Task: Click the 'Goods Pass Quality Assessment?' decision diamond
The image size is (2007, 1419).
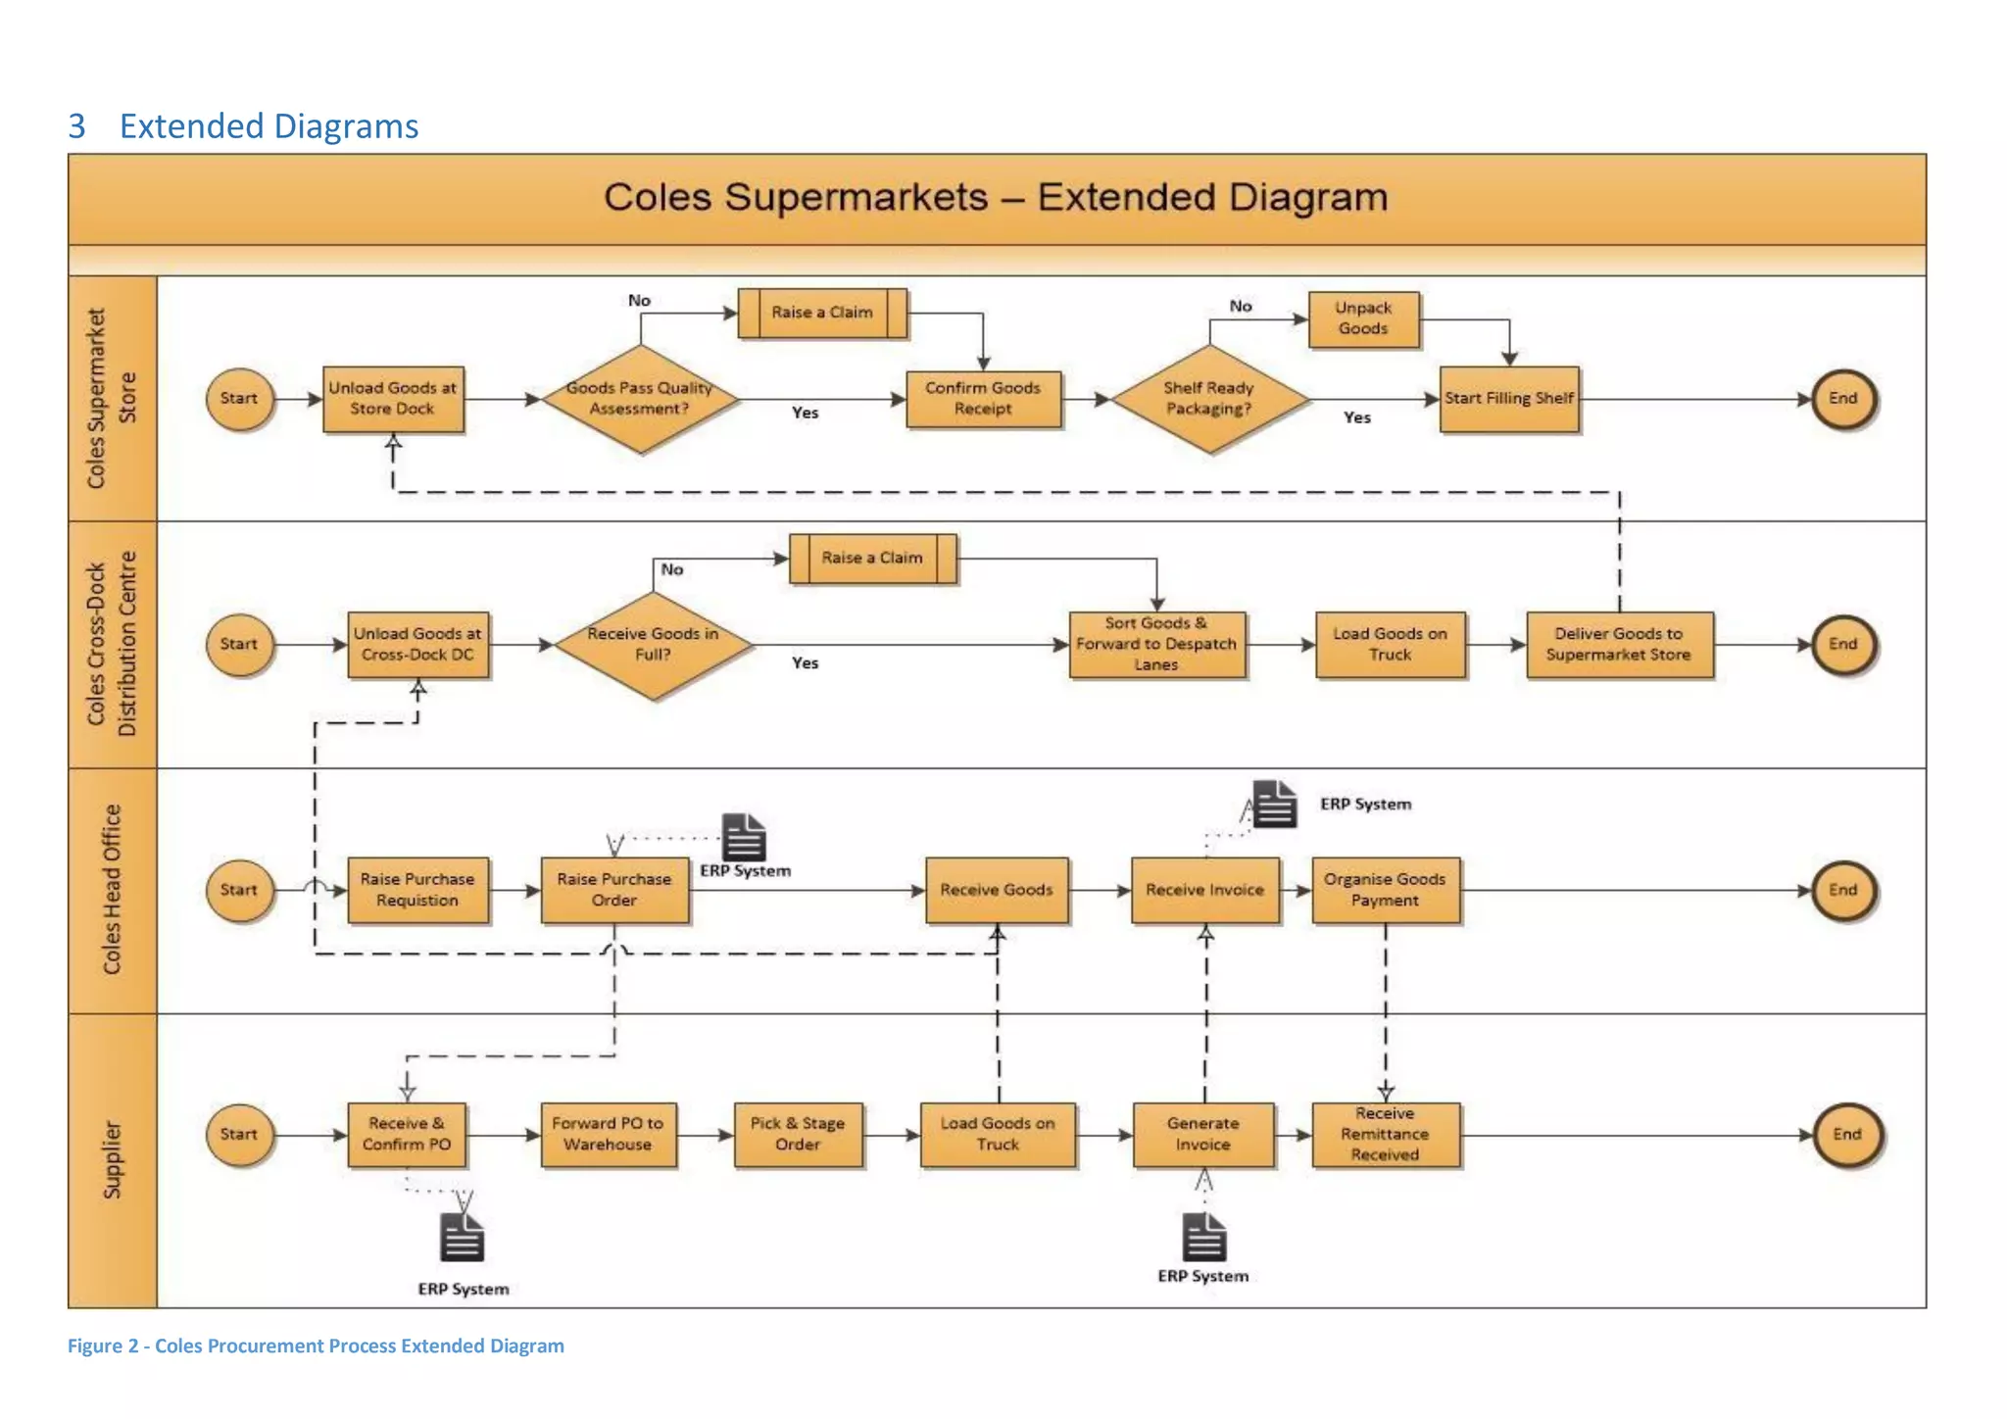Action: (x=640, y=399)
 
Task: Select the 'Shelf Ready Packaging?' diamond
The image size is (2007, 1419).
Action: (x=1209, y=399)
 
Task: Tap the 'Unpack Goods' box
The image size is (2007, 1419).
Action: (x=1363, y=319)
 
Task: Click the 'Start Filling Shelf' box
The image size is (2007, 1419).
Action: (x=1509, y=399)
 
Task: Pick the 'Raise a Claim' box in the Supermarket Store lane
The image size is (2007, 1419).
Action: (x=822, y=313)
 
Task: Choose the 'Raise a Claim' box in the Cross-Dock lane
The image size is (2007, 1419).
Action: (x=872, y=559)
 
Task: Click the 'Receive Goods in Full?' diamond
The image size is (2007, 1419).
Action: (x=653, y=645)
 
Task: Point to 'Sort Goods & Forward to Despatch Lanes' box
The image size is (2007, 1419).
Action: (x=1156, y=645)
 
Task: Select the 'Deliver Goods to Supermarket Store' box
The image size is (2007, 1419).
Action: (x=1619, y=645)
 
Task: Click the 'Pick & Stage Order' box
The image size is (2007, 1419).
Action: (x=798, y=1135)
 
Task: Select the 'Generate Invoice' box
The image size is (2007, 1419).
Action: (x=1203, y=1135)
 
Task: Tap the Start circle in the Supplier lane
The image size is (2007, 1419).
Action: (x=239, y=1135)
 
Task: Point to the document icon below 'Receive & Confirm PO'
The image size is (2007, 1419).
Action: (x=462, y=1238)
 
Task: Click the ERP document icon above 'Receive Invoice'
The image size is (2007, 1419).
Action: (x=1275, y=805)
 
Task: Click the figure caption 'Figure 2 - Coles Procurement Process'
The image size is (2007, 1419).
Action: (x=316, y=1346)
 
